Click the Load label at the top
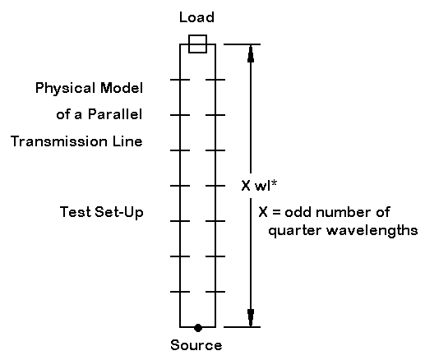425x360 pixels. tap(196, 17)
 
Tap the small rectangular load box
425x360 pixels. tap(197, 44)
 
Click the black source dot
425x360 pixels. tap(198, 327)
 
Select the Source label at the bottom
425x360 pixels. tap(196, 345)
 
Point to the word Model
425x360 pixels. tap(122, 88)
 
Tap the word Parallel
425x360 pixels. tap(115, 114)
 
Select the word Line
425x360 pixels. tap(127, 141)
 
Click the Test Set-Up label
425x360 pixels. tap(102, 212)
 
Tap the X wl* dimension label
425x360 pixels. tap(259, 186)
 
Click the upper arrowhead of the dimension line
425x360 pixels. tap(251, 54)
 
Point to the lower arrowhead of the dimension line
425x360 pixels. tap(251, 318)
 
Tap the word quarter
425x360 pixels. tap(295, 231)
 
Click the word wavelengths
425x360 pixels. tap(372, 230)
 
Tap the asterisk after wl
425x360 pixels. tap(274, 182)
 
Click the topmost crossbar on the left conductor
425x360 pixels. tap(180, 80)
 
